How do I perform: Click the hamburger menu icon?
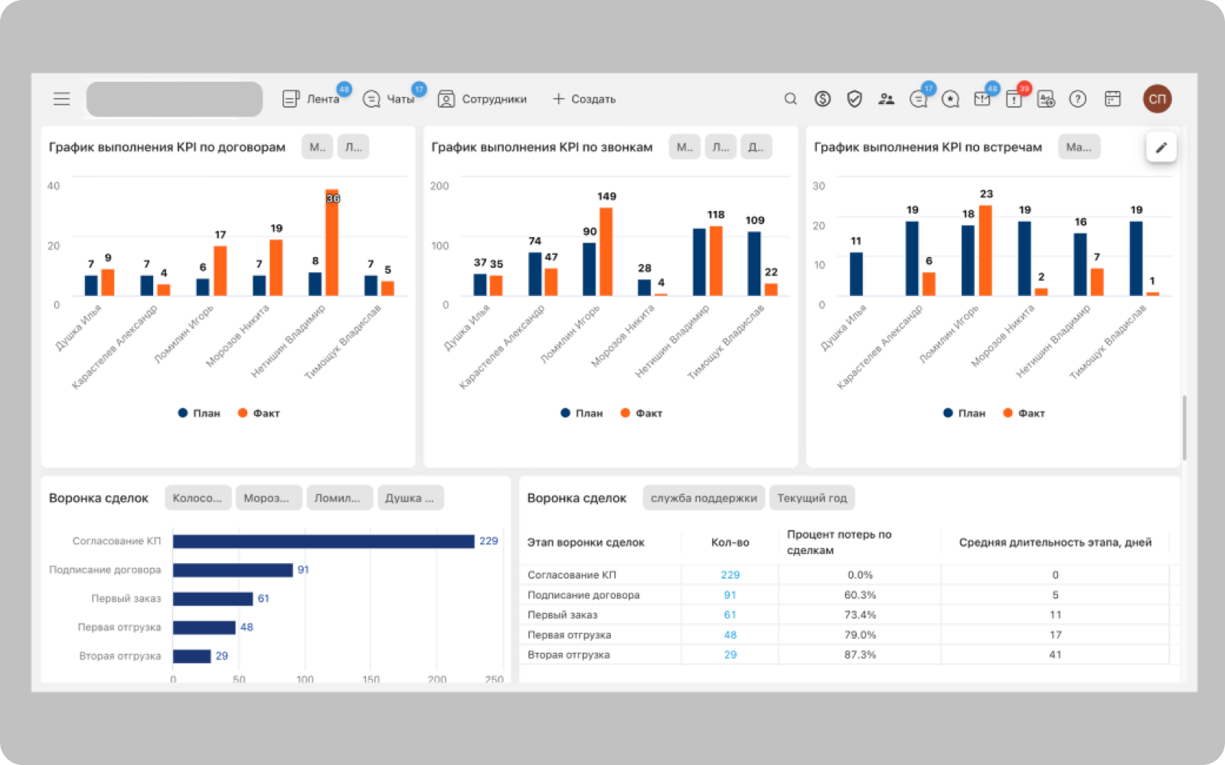(61, 99)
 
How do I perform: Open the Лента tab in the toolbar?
(312, 99)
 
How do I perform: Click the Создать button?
(584, 99)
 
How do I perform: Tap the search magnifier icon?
(791, 99)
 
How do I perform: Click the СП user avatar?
(1157, 99)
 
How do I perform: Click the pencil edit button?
(1161, 148)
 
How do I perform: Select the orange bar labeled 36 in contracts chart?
(332, 243)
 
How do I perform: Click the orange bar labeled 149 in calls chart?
(606, 252)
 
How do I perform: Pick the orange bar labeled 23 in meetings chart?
(985, 250)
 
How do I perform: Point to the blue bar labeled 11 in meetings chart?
(856, 274)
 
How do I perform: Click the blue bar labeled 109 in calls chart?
(754, 263)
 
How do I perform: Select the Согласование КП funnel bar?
(323, 542)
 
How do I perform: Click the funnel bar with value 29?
(191, 656)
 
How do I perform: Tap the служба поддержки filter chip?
(704, 498)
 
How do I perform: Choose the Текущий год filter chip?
(812, 498)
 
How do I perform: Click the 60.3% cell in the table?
(860, 595)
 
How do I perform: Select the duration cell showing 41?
(1055, 655)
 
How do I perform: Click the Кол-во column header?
(730, 542)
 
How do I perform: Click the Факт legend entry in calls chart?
(641, 413)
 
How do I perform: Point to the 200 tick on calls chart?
(439, 186)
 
